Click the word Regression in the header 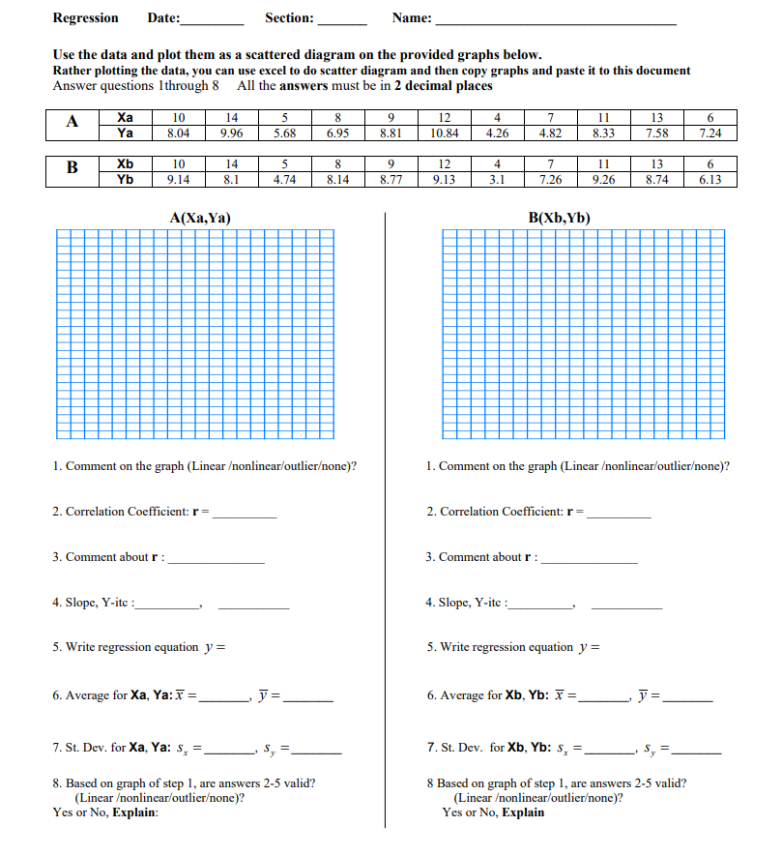(x=85, y=18)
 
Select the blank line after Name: (x=556, y=20)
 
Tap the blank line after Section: (x=342, y=20)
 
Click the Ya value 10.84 (x=444, y=133)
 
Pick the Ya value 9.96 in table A (x=230, y=133)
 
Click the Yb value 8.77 (x=391, y=179)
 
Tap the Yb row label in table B (x=125, y=179)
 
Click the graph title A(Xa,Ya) (x=199, y=219)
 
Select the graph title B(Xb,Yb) (x=559, y=219)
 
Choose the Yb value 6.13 (x=709, y=179)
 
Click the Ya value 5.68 (x=284, y=133)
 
